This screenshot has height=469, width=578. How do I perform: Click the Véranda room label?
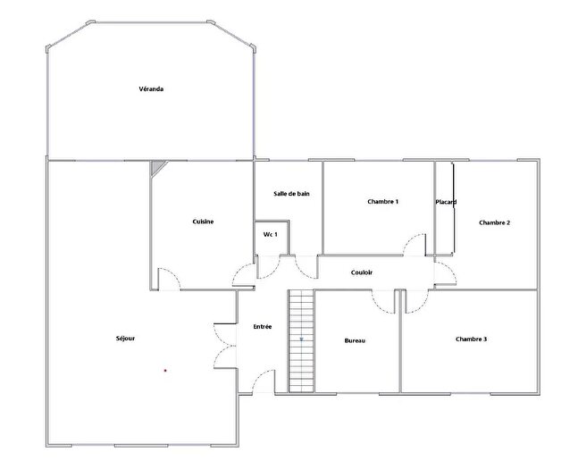151,88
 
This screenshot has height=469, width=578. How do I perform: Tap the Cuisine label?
203,222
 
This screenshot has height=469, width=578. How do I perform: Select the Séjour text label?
126,339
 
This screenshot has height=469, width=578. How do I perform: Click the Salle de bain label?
291,194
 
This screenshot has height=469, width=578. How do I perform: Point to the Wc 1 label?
270,234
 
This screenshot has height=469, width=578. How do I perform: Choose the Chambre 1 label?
382,202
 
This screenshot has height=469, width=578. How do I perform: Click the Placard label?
446,203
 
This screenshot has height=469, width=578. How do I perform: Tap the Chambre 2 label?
494,222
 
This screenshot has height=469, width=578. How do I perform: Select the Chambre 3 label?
471,339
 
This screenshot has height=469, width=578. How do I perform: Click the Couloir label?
362,272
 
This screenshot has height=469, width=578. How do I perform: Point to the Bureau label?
355,340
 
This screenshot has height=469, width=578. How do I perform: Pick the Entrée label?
263,327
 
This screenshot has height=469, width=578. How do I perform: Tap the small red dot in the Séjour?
165,369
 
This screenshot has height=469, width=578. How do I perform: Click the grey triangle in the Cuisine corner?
157,166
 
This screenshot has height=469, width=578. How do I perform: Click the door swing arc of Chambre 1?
414,245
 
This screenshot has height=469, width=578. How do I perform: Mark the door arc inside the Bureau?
384,302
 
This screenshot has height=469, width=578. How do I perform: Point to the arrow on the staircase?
302,339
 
